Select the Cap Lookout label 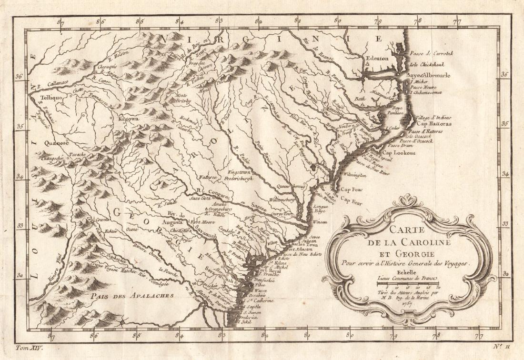(x=400, y=153)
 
